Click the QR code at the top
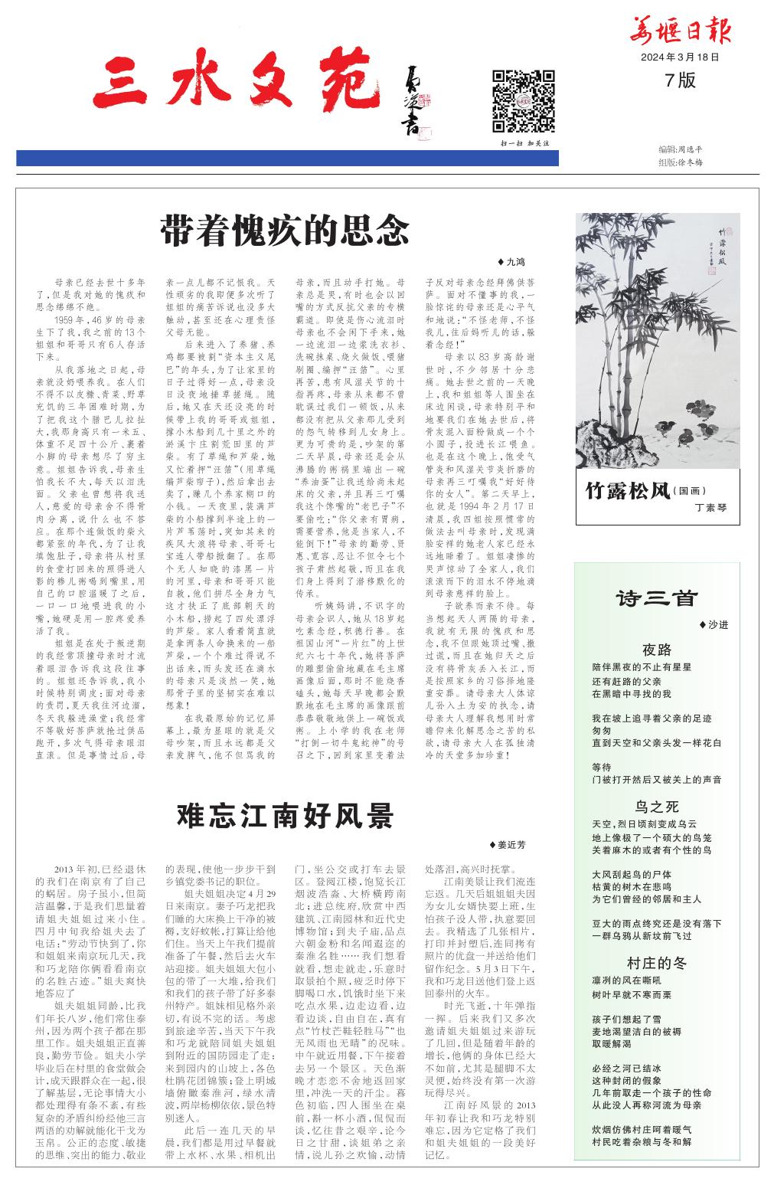point(523,101)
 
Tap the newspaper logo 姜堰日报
point(680,31)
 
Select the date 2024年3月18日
point(681,57)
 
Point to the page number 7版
point(681,80)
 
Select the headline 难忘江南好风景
point(285,815)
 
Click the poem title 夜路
point(656,650)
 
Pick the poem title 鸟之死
point(656,807)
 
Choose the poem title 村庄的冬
point(656,963)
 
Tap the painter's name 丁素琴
point(710,508)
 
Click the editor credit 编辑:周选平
point(680,149)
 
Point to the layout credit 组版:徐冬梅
point(680,162)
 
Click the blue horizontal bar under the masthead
point(287,159)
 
